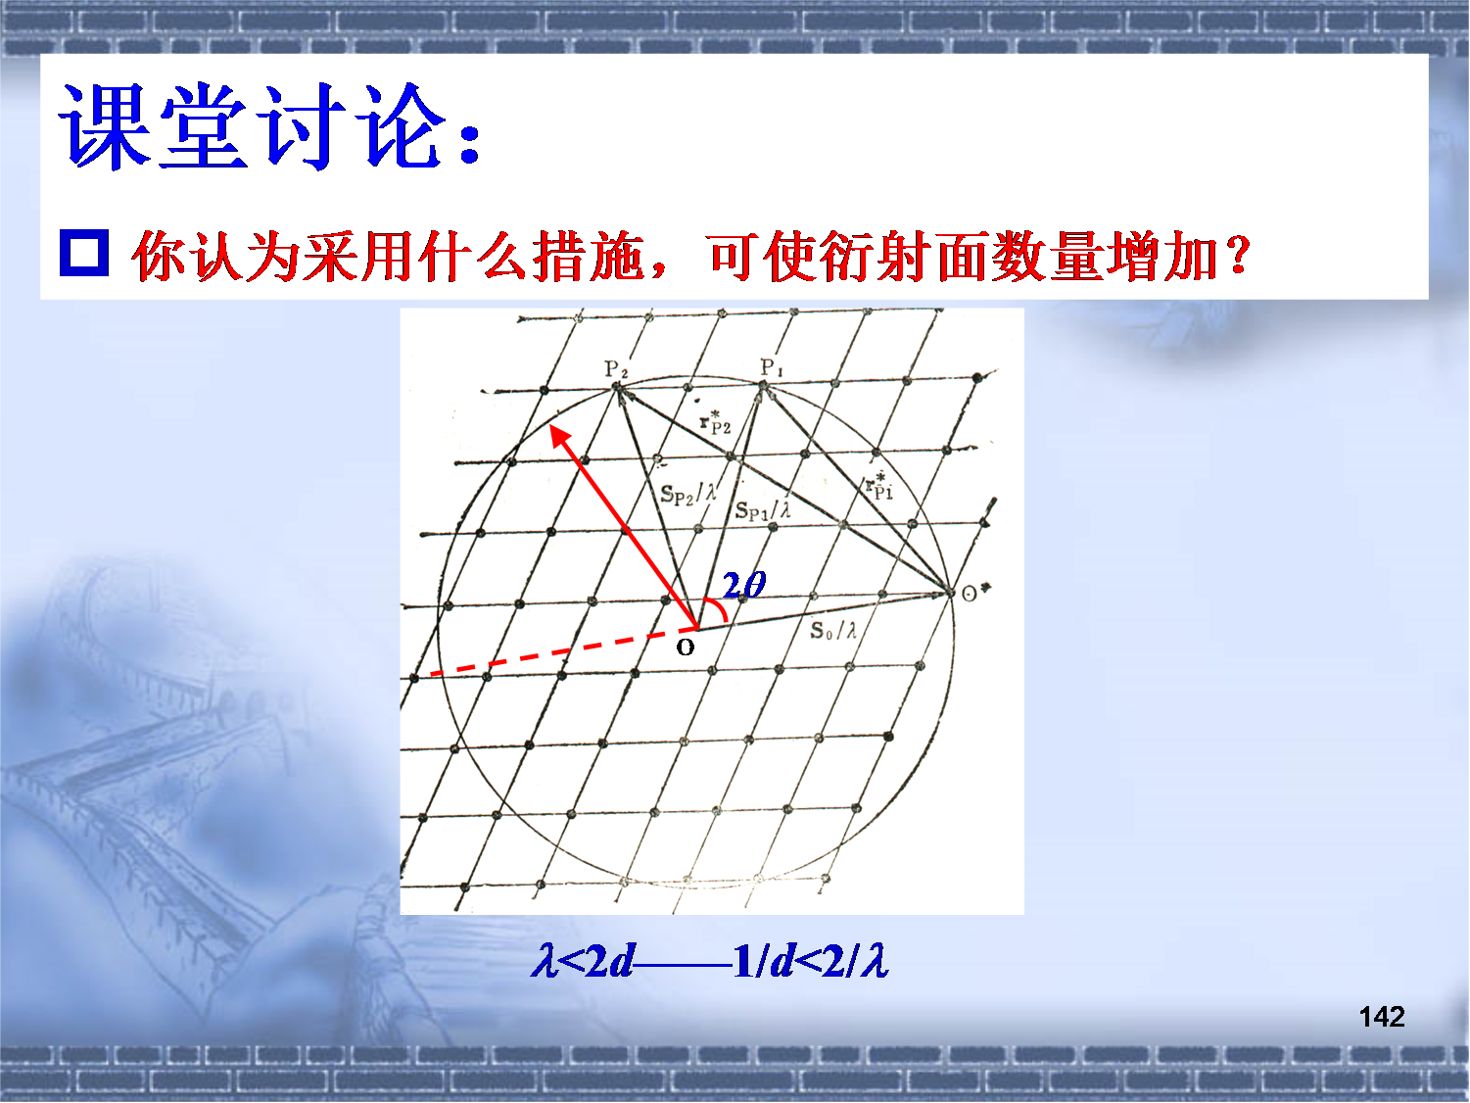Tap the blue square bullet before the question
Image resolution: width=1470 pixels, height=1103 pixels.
[x=83, y=253]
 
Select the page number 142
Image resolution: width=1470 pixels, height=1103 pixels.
[x=1382, y=1016]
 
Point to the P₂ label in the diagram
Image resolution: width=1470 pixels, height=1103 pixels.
[x=616, y=369]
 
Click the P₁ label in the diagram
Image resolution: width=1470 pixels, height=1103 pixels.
[x=772, y=367]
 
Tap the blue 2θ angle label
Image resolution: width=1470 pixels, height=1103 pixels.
[x=744, y=586]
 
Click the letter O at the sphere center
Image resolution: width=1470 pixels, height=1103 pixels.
[x=685, y=647]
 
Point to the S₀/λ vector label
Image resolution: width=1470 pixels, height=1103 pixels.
[x=833, y=630]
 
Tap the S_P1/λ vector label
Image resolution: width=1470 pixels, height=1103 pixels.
[x=763, y=511]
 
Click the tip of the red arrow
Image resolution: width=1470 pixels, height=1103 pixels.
[x=550, y=426]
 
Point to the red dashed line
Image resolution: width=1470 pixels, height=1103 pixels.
[x=563, y=651]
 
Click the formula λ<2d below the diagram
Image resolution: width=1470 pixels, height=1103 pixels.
[x=583, y=962]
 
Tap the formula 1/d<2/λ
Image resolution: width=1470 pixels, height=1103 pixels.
[x=811, y=962]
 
